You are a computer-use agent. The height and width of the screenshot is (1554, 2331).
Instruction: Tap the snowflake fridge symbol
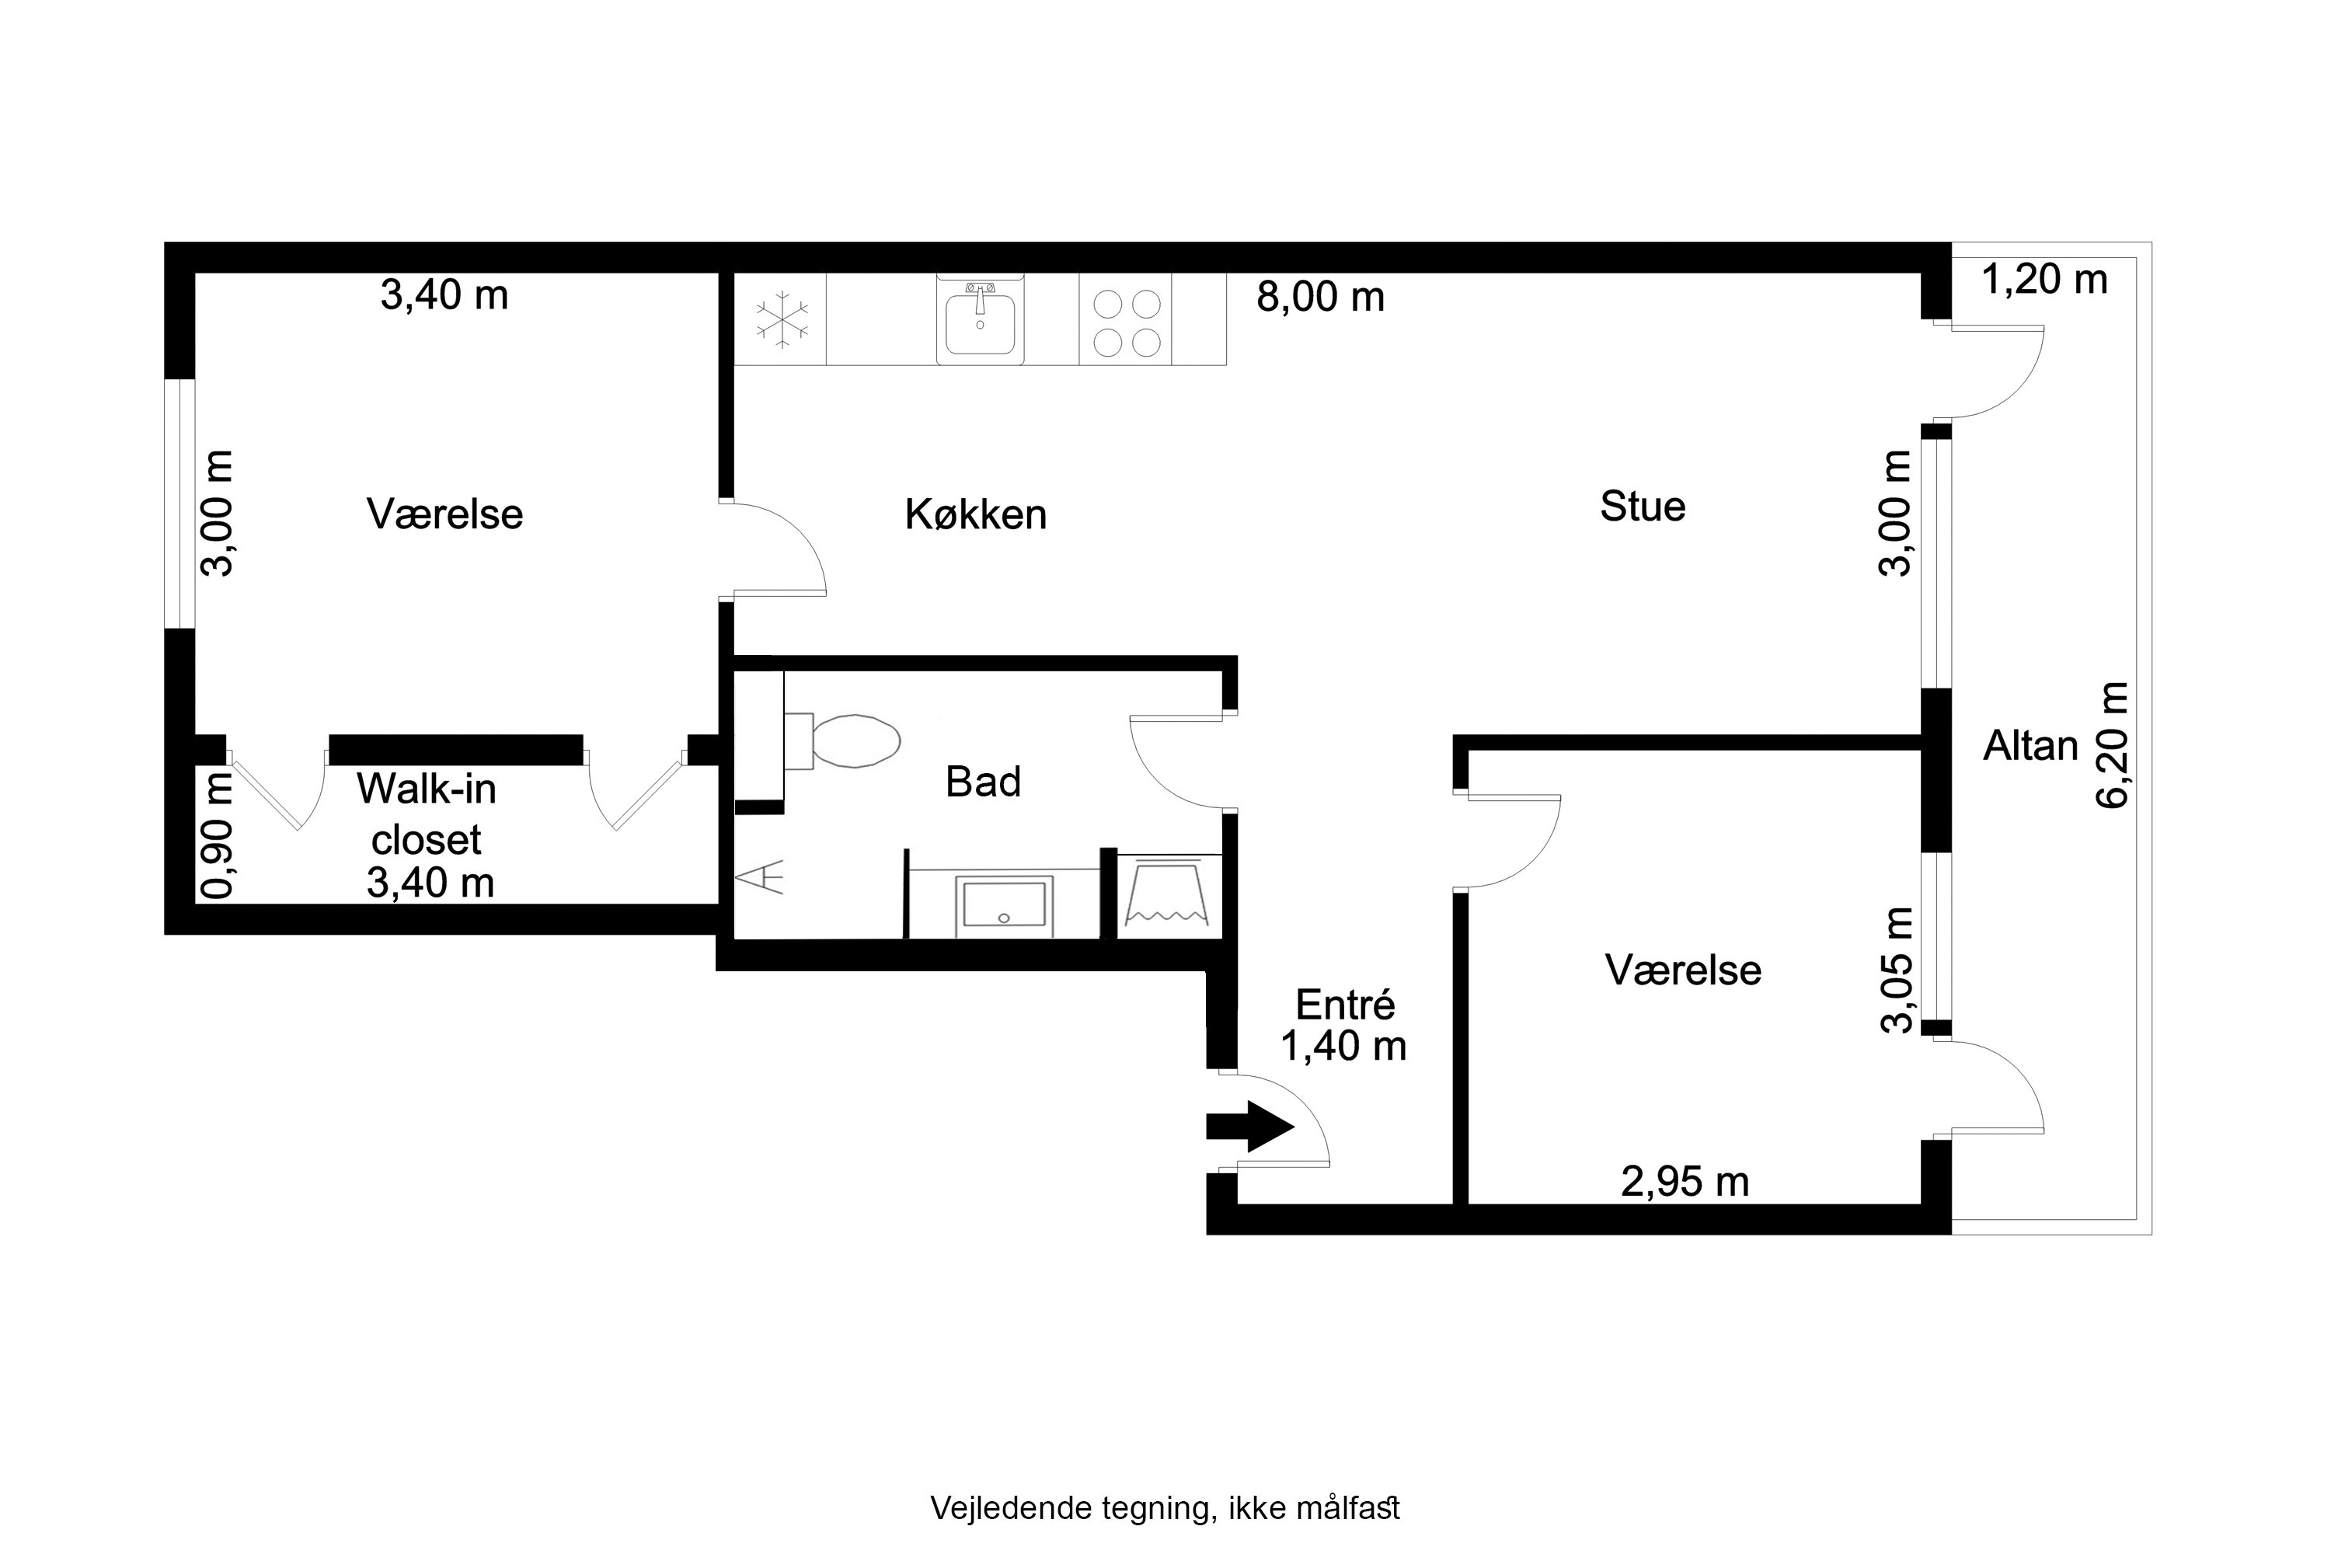tap(782, 319)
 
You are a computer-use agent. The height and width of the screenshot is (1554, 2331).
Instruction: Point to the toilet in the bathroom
tap(842, 740)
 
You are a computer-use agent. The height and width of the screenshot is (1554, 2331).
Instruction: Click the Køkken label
tap(975, 514)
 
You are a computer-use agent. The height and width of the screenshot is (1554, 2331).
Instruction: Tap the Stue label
tap(1643, 507)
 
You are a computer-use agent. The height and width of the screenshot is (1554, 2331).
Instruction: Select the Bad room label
tap(982, 782)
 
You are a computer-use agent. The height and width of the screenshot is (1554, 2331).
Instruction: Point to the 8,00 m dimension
tap(1320, 296)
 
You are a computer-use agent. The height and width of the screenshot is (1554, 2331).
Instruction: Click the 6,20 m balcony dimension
tap(2112, 745)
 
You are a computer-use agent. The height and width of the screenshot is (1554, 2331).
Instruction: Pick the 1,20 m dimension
tap(2044, 280)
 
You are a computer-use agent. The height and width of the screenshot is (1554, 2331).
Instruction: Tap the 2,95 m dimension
tap(1685, 1181)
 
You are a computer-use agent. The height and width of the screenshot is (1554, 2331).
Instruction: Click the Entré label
tap(1345, 1005)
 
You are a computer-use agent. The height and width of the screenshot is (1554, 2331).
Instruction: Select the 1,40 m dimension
tap(1344, 1046)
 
